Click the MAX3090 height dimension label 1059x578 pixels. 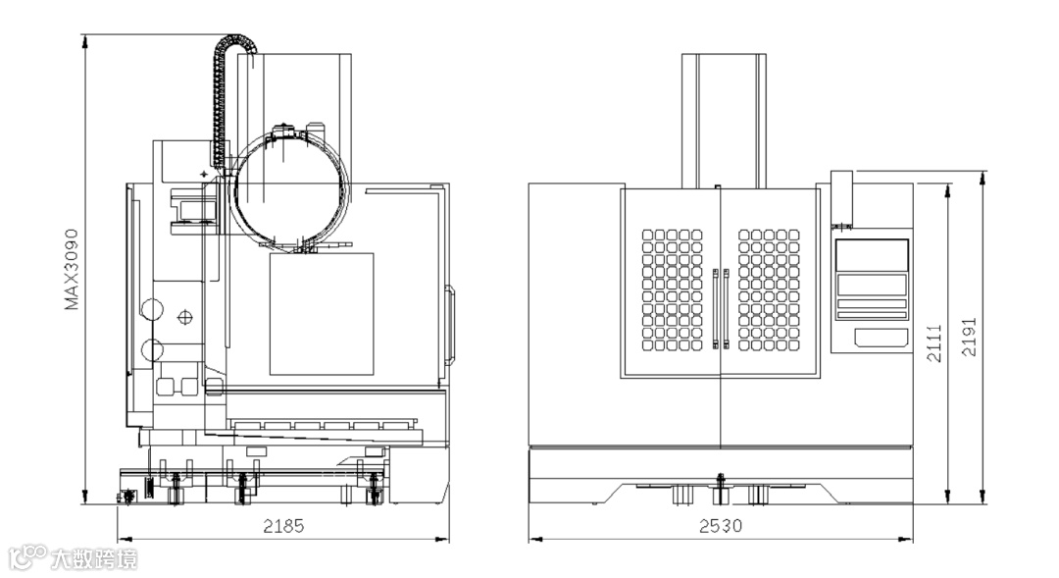pos(72,269)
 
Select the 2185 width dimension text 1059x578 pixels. pos(283,525)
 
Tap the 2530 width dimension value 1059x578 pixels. pos(721,525)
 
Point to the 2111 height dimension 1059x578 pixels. pos(934,343)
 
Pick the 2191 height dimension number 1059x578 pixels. pos(969,337)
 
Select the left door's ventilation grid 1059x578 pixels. pos(672,290)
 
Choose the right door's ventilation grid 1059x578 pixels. pos(769,290)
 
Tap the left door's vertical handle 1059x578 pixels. pos(715,309)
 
